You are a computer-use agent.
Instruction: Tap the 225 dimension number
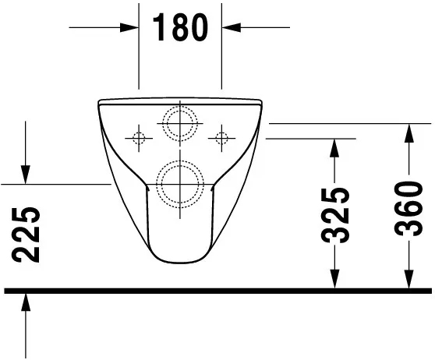click(27, 235)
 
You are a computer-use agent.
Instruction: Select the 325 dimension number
click(336, 214)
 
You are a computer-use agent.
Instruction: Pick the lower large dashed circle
click(180, 183)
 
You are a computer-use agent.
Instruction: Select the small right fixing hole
click(222, 139)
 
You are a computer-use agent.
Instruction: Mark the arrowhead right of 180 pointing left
click(232, 27)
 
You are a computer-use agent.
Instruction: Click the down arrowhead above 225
click(27, 175)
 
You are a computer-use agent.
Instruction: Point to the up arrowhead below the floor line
click(27, 302)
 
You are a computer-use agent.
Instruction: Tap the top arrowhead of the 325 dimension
click(335, 148)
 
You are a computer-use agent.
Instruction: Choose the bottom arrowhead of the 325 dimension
click(335, 279)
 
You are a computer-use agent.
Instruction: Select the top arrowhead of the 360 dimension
click(408, 132)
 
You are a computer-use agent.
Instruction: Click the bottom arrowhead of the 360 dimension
click(408, 279)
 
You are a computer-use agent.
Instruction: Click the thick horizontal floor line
click(217, 291)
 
